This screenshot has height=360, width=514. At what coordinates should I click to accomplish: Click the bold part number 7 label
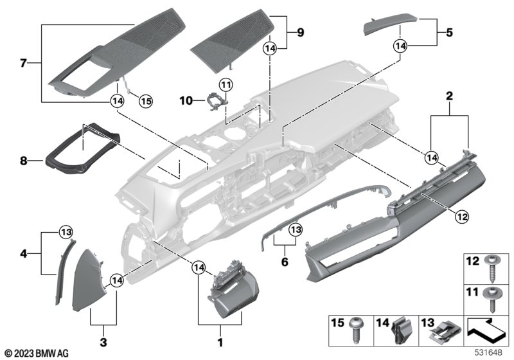(x=24, y=63)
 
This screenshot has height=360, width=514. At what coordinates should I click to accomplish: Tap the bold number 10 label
(x=186, y=100)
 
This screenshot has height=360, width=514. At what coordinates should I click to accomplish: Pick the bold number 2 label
(x=450, y=96)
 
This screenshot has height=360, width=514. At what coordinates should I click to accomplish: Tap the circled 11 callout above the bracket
(x=225, y=84)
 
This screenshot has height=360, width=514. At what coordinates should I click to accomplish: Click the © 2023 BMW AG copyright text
(x=36, y=353)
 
